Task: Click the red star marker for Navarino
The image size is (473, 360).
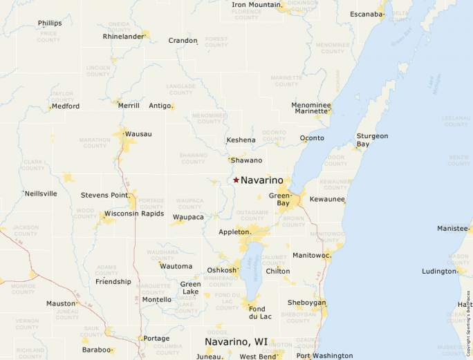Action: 236,180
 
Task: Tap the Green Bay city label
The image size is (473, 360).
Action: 279,200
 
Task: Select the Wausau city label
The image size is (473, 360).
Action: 138,133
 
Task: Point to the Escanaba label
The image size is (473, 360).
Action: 367,14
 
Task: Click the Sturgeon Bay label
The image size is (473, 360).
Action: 372,140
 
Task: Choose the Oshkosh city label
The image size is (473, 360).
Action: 221,270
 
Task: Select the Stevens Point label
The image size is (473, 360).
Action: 104,195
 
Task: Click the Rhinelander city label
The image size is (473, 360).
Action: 122,36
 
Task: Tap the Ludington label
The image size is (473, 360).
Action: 439,271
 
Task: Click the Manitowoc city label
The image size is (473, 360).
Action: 312,256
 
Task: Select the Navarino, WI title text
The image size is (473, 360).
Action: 236,342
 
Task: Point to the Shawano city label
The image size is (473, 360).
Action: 246,160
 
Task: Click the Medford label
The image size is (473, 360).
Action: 66,106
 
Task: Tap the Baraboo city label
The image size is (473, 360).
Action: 98,350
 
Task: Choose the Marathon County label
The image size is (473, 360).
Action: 95,143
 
